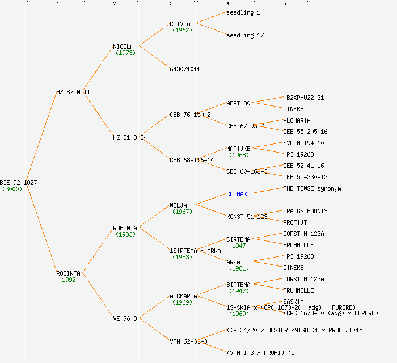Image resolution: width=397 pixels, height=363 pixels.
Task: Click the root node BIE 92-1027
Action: click(x=19, y=183)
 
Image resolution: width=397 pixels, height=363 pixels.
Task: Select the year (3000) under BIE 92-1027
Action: click(x=12, y=189)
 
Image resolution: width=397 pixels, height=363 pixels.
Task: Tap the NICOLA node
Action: click(x=124, y=47)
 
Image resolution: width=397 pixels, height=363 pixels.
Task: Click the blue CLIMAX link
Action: click(x=236, y=194)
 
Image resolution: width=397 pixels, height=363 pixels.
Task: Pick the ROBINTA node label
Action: click(x=68, y=273)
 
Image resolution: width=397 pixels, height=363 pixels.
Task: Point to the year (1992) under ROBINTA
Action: click(x=69, y=280)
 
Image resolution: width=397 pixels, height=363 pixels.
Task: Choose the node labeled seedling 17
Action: click(x=245, y=35)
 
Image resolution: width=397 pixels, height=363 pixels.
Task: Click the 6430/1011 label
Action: click(x=185, y=69)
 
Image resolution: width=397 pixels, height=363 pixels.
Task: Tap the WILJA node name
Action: click(x=178, y=205)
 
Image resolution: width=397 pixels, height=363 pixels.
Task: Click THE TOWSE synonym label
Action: click(x=312, y=188)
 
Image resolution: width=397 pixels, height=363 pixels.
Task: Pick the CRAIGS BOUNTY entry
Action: click(x=305, y=211)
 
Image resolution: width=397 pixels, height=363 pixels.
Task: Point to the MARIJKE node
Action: click(x=238, y=149)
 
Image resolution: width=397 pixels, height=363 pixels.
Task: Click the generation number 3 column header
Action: click(x=171, y=4)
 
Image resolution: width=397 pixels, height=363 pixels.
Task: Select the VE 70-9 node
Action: click(x=125, y=319)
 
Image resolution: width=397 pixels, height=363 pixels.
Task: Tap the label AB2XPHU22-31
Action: click(x=303, y=98)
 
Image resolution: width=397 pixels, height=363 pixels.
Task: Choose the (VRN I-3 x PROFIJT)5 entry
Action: click(x=260, y=353)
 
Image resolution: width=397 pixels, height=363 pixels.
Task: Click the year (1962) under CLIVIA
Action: click(x=182, y=30)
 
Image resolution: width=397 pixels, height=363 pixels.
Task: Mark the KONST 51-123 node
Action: click(x=247, y=217)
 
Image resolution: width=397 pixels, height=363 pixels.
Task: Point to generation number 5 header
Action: click(x=284, y=4)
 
